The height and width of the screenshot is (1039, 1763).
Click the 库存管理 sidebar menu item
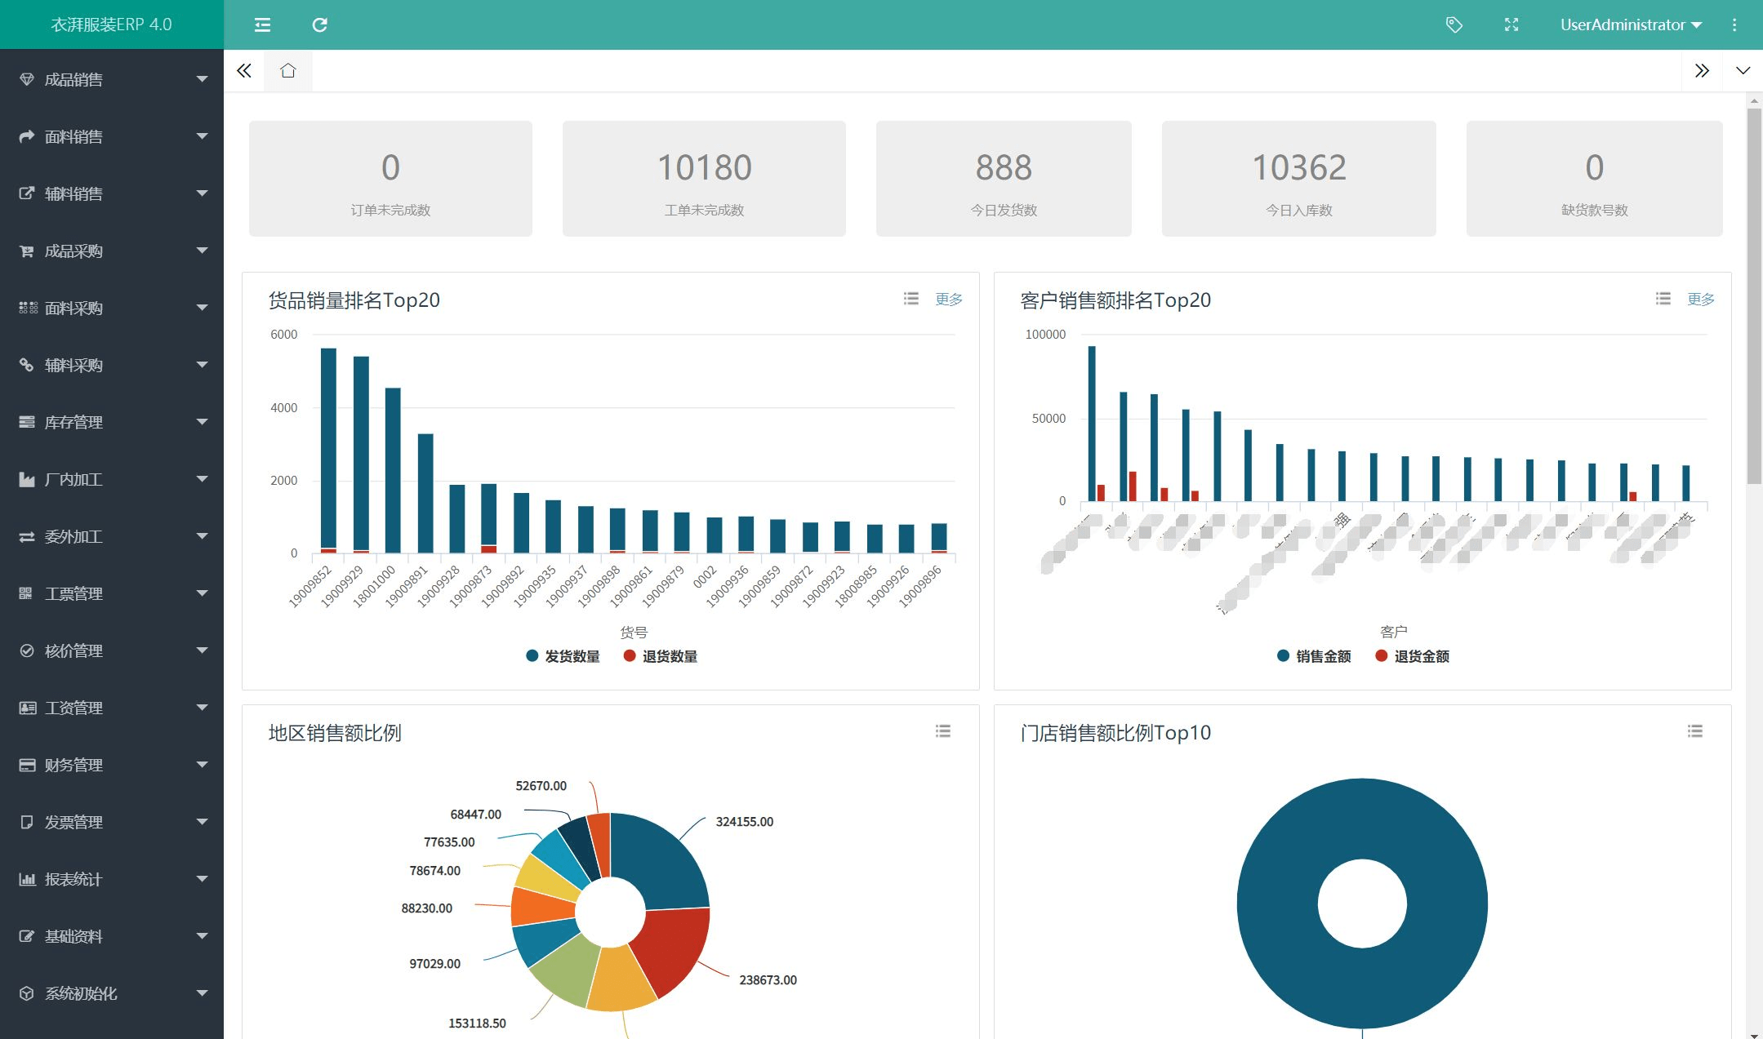coord(73,422)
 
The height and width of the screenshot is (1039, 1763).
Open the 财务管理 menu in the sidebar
coord(73,765)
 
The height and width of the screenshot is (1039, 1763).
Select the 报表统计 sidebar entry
coord(73,879)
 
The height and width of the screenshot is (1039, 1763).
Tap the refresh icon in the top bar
coord(319,24)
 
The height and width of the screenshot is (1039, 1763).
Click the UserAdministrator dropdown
coord(1630,24)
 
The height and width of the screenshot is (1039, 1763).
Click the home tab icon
coord(287,71)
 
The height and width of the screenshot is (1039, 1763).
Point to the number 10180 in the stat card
coord(704,167)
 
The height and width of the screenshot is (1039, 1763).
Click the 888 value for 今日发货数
coord(1004,167)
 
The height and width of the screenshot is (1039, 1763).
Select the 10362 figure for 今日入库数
coord(1298,167)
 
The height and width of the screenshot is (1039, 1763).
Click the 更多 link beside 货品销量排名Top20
coord(949,300)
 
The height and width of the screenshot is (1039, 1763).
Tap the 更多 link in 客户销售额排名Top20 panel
coord(1701,300)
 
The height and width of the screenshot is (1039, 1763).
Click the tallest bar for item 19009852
coord(328,449)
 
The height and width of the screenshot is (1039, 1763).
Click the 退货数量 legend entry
coord(660,656)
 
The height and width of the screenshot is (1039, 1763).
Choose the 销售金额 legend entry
coord(1314,656)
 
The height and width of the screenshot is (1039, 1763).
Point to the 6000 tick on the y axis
coord(283,335)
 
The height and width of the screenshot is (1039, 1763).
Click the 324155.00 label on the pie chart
coord(744,822)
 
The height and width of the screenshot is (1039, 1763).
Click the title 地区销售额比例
coord(335,733)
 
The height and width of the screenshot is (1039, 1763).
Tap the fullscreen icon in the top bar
coord(1511,24)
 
